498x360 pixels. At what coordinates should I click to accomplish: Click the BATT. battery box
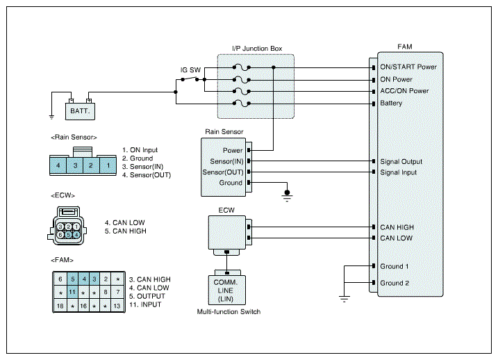pyautogui.click(x=80, y=111)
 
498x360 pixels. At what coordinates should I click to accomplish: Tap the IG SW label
pyautogui.click(x=190, y=70)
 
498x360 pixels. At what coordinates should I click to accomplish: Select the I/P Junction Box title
pyautogui.click(x=257, y=49)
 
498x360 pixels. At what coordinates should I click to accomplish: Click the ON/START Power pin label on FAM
pyautogui.click(x=408, y=67)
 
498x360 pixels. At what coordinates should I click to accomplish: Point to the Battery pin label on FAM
pyautogui.click(x=391, y=103)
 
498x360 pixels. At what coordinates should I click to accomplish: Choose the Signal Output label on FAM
pyautogui.click(x=401, y=161)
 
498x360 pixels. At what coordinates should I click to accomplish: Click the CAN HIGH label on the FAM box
pyautogui.click(x=397, y=227)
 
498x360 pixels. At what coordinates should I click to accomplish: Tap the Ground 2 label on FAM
pyautogui.click(x=395, y=283)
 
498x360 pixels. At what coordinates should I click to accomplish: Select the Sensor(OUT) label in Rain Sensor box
pyautogui.click(x=223, y=172)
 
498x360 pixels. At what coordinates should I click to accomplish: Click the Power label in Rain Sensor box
pyautogui.click(x=233, y=150)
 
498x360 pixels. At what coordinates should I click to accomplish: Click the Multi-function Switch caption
pyautogui.click(x=229, y=312)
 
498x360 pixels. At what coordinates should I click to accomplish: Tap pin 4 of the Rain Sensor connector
pyautogui.click(x=58, y=165)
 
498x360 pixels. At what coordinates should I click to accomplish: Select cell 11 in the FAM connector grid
pyautogui.click(x=72, y=292)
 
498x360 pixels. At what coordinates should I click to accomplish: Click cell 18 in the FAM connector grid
pyautogui.click(x=60, y=306)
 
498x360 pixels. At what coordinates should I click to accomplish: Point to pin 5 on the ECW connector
pyautogui.click(x=68, y=235)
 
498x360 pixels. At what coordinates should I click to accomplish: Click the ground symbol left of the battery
pyautogui.click(x=52, y=117)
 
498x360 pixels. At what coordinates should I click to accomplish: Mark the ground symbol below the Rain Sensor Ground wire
pyautogui.click(x=287, y=196)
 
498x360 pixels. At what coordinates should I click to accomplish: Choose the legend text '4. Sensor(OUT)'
pyautogui.click(x=147, y=175)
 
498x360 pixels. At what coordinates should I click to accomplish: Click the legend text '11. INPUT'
pyautogui.click(x=145, y=304)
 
